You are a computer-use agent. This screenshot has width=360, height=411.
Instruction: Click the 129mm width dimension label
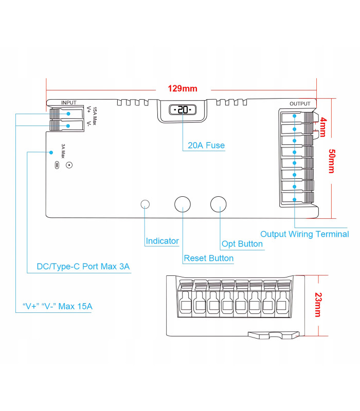[183, 88]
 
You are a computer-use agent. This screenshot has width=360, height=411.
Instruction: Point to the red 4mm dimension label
[322, 126]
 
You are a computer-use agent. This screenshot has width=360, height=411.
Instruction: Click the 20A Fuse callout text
[206, 145]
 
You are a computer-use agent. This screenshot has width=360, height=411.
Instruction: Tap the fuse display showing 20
[182, 110]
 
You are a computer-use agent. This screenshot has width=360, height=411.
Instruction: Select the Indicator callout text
[162, 241]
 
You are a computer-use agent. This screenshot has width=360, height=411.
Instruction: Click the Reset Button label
[208, 258]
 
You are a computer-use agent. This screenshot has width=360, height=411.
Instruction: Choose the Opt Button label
[242, 244]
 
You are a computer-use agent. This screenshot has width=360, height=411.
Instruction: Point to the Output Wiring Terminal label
[304, 234]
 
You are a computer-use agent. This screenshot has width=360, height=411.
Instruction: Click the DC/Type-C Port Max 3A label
[83, 267]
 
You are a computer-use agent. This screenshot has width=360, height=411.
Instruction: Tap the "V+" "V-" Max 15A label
[58, 307]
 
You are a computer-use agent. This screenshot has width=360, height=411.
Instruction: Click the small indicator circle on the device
[145, 204]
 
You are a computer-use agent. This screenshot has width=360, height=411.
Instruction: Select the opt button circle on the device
[219, 203]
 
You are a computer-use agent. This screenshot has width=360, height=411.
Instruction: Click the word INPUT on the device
[68, 103]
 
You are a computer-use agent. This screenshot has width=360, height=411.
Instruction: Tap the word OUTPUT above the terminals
[300, 104]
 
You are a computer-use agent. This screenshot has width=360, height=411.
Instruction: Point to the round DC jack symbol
[68, 165]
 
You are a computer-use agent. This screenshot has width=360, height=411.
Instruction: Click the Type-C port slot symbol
[57, 165]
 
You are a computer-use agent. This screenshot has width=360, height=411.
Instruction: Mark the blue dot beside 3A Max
[51, 153]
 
